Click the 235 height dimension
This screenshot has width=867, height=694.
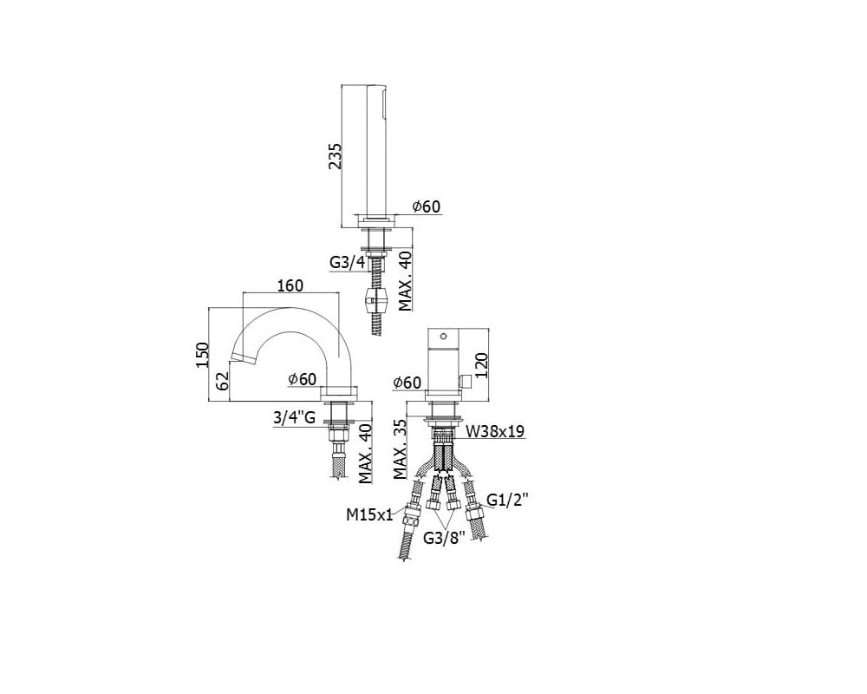(336, 156)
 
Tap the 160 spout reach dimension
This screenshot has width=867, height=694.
(290, 285)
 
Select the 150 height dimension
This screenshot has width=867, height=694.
(202, 355)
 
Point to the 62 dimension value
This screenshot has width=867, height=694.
(222, 382)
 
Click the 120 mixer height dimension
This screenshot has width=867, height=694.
(481, 365)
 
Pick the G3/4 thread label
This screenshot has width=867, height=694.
(348, 262)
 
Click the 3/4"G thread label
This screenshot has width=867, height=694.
(294, 417)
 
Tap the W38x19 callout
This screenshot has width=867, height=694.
(495, 431)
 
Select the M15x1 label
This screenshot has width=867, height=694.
(368, 514)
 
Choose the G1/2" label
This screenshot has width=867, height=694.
(507, 500)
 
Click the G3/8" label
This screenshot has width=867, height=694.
(444, 538)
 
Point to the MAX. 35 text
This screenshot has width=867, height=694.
(401, 448)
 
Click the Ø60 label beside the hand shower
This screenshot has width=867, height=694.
(427, 206)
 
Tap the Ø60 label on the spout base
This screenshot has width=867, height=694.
(302, 378)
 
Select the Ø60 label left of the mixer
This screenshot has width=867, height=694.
(407, 383)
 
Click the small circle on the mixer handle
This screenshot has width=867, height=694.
(443, 336)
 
